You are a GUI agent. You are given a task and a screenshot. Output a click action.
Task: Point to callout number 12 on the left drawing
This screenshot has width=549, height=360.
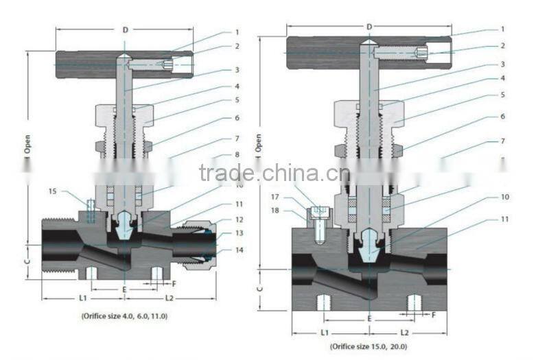click(239, 219)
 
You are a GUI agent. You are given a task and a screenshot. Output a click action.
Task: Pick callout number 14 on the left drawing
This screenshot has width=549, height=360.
click(239, 250)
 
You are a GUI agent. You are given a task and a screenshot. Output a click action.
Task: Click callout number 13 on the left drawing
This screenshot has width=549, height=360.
click(239, 234)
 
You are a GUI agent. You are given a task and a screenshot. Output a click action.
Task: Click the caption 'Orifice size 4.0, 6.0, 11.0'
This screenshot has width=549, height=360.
click(124, 316)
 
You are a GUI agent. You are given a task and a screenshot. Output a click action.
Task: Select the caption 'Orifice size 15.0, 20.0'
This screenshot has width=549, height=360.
click(371, 346)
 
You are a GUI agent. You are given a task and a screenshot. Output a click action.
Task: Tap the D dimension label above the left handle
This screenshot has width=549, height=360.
click(124, 29)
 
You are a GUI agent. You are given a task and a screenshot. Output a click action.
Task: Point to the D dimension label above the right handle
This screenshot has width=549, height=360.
click(369, 26)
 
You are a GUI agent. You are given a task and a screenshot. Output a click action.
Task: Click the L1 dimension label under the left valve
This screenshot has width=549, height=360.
click(82, 298)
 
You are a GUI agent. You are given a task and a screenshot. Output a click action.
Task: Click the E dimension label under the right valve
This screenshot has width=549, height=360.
click(370, 319)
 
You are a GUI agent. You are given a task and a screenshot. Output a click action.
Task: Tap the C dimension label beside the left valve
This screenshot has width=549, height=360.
click(27, 261)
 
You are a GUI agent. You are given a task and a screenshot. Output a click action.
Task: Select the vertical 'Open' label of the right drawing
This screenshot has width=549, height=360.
click(259, 142)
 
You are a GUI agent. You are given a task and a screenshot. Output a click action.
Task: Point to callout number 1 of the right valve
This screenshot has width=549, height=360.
click(502, 29)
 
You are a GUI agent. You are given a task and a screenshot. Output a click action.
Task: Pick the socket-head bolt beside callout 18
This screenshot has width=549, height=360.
click(316, 223)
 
